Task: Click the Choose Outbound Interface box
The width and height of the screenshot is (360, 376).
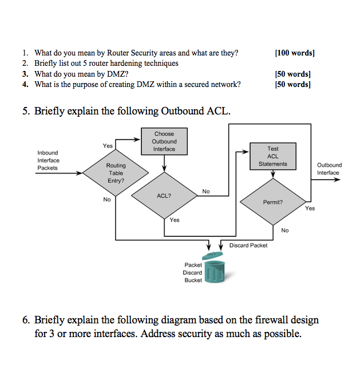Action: (x=164, y=141)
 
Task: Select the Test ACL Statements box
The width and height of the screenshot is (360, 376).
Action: (x=272, y=156)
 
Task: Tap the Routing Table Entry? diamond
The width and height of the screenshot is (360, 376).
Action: (x=116, y=173)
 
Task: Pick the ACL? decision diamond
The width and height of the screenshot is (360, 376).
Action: (x=164, y=195)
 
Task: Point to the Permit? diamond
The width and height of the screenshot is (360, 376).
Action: (x=272, y=202)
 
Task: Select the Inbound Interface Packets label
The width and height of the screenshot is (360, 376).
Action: (x=48, y=160)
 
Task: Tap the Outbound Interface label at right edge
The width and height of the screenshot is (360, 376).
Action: (x=329, y=169)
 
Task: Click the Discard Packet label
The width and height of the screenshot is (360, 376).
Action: (x=248, y=246)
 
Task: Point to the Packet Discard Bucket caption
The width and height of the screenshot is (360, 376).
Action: (x=193, y=272)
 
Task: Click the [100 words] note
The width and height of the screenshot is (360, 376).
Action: (x=294, y=53)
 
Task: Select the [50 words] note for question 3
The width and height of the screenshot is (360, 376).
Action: (x=292, y=74)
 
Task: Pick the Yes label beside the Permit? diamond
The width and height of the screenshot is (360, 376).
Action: (x=310, y=209)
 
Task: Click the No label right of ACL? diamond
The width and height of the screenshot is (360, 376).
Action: (x=206, y=191)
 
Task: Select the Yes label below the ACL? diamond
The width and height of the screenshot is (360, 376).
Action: (x=174, y=220)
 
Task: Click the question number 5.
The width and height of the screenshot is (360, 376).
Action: (x=26, y=110)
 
